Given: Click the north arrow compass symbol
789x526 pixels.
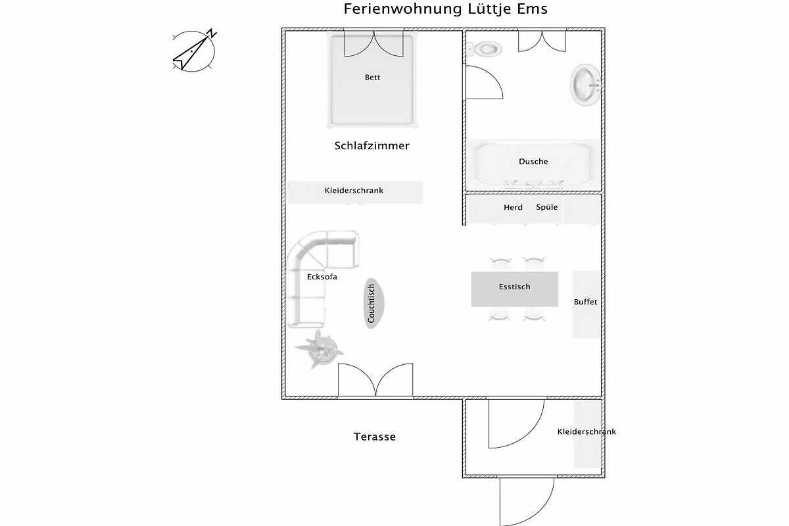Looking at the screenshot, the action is coord(194,51).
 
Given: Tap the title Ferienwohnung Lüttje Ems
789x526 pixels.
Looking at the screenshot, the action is coord(446,9).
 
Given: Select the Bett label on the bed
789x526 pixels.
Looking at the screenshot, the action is coord(372,77).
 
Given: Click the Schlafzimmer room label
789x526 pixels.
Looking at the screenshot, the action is coord(372,145).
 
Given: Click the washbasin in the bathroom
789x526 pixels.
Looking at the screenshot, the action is coord(585,85).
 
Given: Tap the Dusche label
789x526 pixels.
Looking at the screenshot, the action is coord(533,161).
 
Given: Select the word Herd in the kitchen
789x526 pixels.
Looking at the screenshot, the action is coord(513,207).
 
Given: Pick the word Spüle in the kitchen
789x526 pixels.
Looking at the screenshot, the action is coord(546,207).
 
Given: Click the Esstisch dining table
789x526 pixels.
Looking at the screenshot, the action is coord(515,289).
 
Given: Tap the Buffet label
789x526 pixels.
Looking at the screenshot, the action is coord(585,302).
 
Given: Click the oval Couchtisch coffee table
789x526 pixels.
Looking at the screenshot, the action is coord(373,303).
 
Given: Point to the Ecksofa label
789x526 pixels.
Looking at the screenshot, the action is coord(322,277).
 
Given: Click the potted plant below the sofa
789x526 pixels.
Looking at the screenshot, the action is coord(319,349).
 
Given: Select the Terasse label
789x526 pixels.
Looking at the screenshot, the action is coord(374,437).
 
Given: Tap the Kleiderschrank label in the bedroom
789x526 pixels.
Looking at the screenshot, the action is coord(354,191).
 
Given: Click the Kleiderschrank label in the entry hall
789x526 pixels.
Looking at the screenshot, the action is coord(586,431).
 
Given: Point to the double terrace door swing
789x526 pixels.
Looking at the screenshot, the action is coord(375,380).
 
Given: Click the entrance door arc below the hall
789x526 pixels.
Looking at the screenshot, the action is coord(527,502).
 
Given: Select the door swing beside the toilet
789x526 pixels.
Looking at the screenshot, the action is coord(485,82).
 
